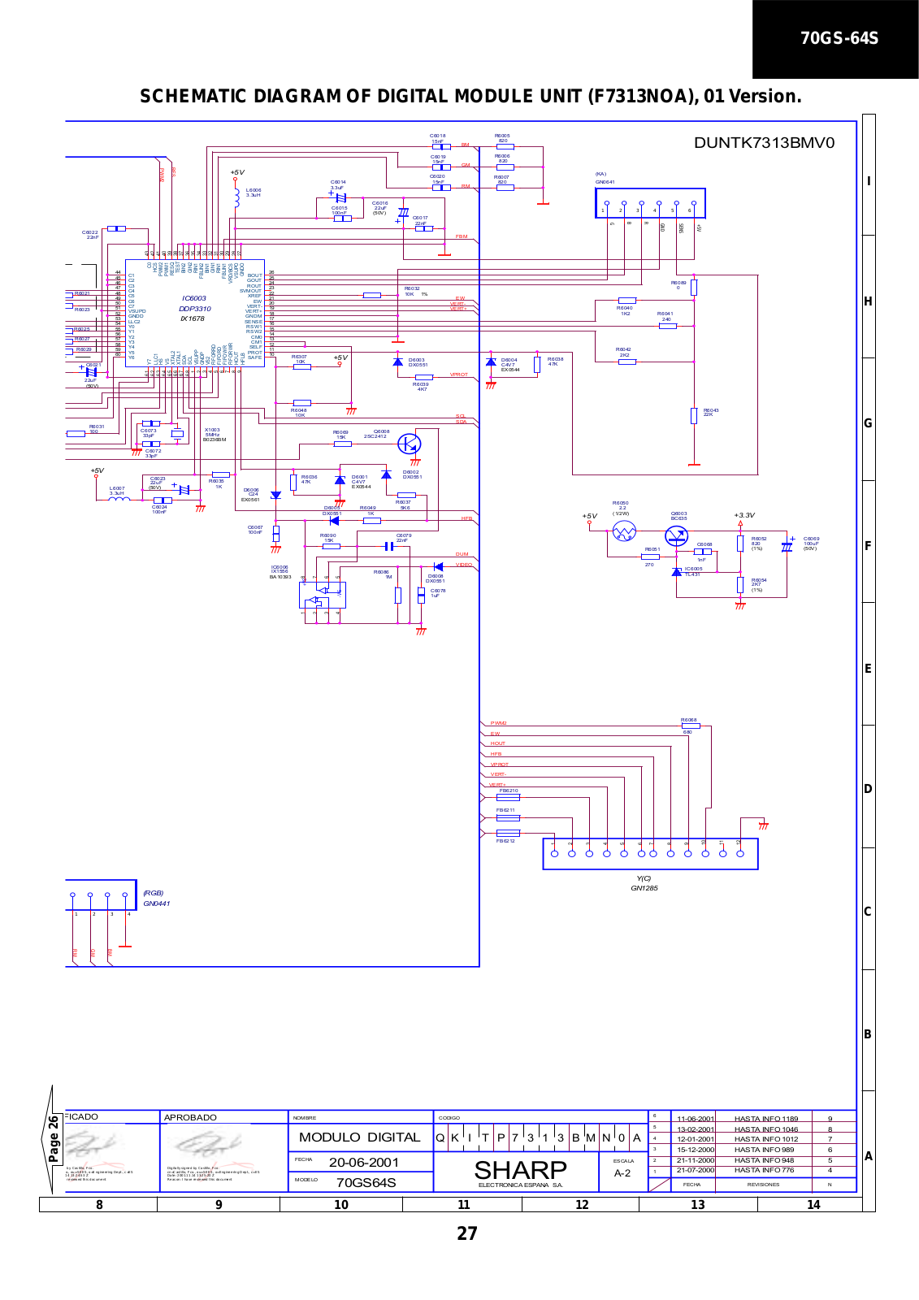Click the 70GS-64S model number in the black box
839,38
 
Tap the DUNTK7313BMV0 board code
764,143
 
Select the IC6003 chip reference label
194,298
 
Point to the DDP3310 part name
195,309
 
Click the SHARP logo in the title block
520,1170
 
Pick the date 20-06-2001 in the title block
363,1162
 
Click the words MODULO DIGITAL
359,1137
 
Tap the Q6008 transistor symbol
410,444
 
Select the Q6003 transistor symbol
676,535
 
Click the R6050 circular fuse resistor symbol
624,532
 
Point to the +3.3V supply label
744,515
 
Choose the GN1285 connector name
644,888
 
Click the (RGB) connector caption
154,893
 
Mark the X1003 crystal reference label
212,430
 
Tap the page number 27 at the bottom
467,1233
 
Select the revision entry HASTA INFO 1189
765,1119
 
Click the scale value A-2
622,1173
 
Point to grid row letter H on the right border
868,301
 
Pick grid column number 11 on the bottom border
464,1205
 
